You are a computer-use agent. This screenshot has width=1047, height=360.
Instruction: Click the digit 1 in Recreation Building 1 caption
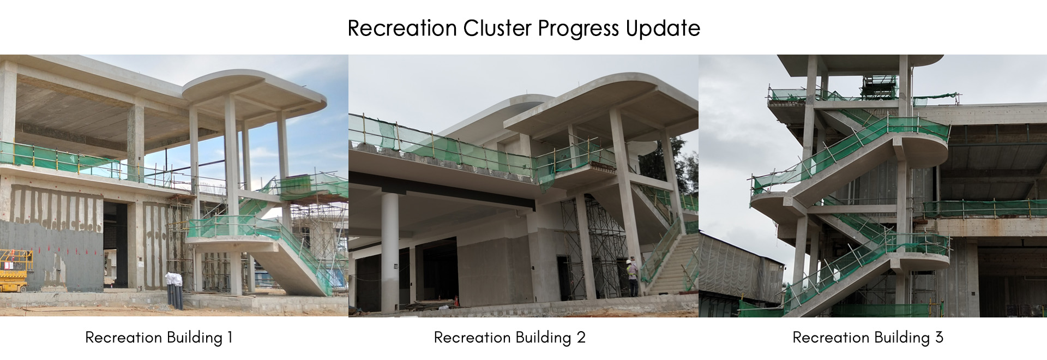pyautogui.click(x=230, y=338)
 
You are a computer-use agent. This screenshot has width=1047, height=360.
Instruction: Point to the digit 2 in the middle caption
pyautogui.click(x=581, y=338)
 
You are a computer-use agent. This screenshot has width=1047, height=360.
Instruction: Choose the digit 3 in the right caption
pyautogui.click(x=939, y=338)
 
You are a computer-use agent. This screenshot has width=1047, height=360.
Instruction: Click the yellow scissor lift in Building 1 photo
pyautogui.click(x=15, y=271)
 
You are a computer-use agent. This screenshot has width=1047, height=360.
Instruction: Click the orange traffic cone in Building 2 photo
pyautogui.click(x=455, y=302)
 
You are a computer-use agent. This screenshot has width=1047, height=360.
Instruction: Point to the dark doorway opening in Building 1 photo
pyautogui.click(x=115, y=245)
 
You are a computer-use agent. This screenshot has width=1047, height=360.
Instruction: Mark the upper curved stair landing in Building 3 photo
pyautogui.click(x=922, y=147)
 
